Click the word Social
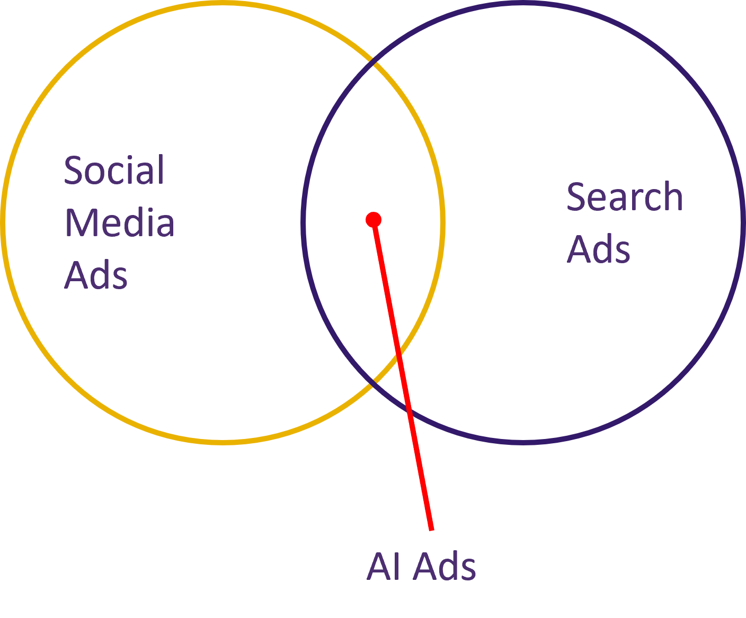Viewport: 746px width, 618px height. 114,171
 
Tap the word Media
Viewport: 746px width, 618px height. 119,223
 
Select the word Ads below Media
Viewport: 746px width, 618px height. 96,275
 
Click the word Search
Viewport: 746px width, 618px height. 625,197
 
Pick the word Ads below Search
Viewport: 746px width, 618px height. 599,249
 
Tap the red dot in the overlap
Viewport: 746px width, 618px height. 374,219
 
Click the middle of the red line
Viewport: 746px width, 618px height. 403,374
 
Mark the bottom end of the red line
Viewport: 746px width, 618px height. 432,529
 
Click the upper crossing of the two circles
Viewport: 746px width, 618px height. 375,64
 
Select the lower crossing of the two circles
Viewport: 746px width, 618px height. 375,380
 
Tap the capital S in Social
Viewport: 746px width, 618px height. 75,171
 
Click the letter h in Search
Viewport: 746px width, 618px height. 672,197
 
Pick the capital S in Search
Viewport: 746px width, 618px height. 577,197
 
